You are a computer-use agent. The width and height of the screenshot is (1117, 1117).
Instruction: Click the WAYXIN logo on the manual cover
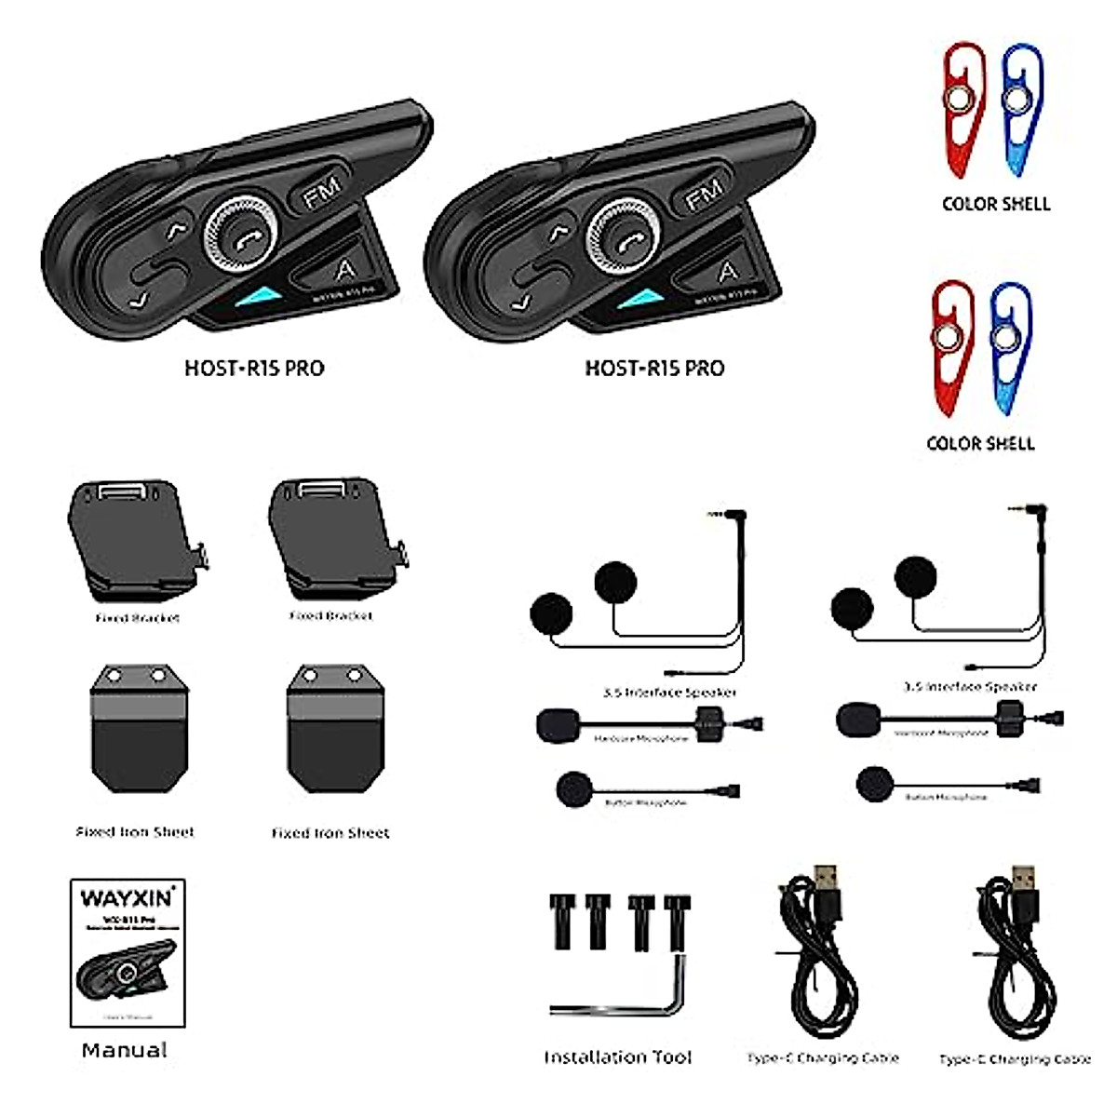pyautogui.click(x=127, y=898)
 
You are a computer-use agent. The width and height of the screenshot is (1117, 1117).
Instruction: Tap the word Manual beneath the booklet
pyautogui.click(x=125, y=1050)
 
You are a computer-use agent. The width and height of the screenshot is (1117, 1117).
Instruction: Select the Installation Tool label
pyautogui.click(x=618, y=1057)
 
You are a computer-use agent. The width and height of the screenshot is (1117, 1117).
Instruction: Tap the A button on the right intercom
pyautogui.click(x=727, y=271)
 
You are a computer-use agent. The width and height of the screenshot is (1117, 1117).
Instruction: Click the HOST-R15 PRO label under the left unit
pyautogui.click(x=254, y=368)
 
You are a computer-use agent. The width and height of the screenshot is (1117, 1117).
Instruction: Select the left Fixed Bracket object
pyautogui.click(x=135, y=540)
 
